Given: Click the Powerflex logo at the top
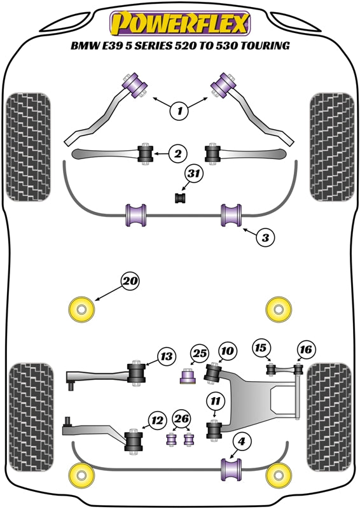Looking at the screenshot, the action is pos(180,23).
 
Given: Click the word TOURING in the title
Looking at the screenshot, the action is pos(265,45).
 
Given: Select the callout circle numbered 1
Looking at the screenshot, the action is pos(179,111).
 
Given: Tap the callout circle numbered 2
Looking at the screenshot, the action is pos(178,153).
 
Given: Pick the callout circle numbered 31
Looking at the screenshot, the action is pos(194,174).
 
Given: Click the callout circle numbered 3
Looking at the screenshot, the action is pos(265,237).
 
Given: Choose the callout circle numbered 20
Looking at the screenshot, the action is pos(130,281).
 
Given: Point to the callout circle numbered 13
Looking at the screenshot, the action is pos(167,356).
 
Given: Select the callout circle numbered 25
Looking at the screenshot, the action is pos(199,353).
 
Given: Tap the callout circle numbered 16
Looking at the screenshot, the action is pos(306,349).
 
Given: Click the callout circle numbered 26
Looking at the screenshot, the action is pos(181,419).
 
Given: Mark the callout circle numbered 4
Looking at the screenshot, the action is pos(241,442).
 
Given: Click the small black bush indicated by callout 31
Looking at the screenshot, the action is pos(180,198).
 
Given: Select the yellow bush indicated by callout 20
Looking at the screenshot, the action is pos(81,310).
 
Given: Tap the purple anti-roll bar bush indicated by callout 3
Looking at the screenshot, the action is pos(232,215).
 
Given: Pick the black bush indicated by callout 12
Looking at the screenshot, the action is pos(134,442).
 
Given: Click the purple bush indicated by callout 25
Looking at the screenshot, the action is pos(188,375).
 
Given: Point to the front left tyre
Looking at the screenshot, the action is pos(29,148).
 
